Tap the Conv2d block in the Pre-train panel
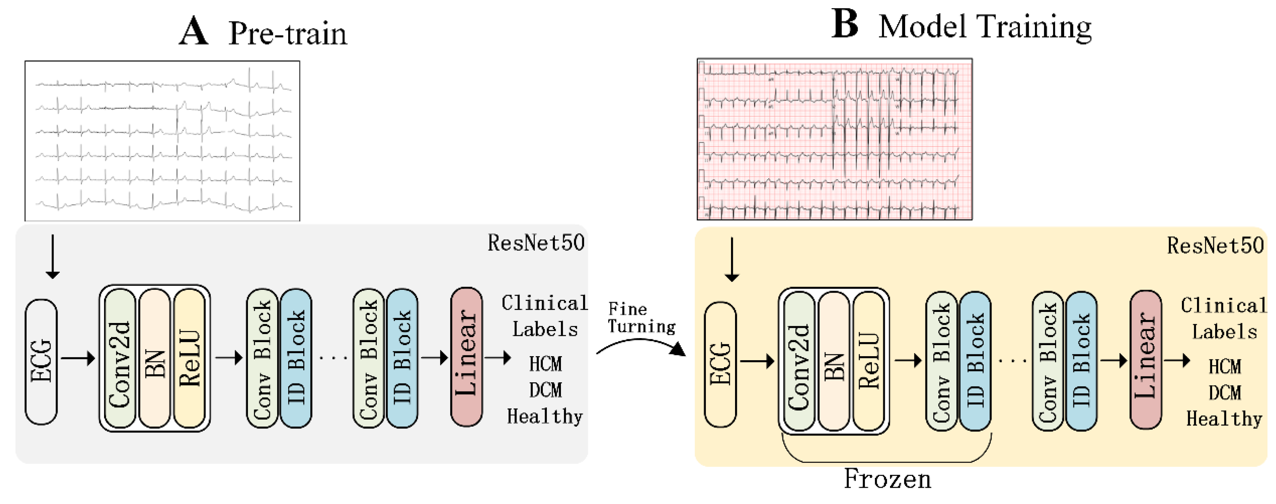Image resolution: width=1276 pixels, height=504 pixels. point(120,358)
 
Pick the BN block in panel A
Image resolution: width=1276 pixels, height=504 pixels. point(155,358)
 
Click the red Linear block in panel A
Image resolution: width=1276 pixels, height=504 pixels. point(466,357)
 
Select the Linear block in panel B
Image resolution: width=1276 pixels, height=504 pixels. point(1145,360)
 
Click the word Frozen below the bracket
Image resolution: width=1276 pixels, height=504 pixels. point(887,479)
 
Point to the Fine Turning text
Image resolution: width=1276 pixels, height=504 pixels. point(641,318)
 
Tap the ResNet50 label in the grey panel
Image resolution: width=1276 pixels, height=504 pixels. point(536,243)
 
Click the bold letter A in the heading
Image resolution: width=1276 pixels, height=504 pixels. point(193,32)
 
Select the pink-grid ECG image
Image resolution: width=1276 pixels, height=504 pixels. point(834,139)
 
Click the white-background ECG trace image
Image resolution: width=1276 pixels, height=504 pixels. point(162,141)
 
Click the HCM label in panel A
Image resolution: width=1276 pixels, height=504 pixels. point(545,364)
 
